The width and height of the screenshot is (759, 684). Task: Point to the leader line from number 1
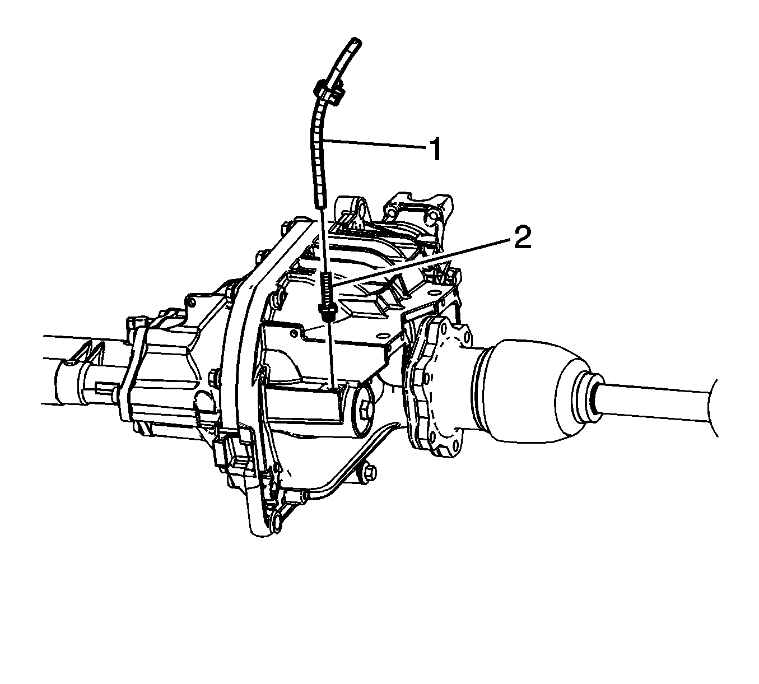pyautogui.click(x=375, y=145)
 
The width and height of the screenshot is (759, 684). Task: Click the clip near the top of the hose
pyautogui.click(x=329, y=92)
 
